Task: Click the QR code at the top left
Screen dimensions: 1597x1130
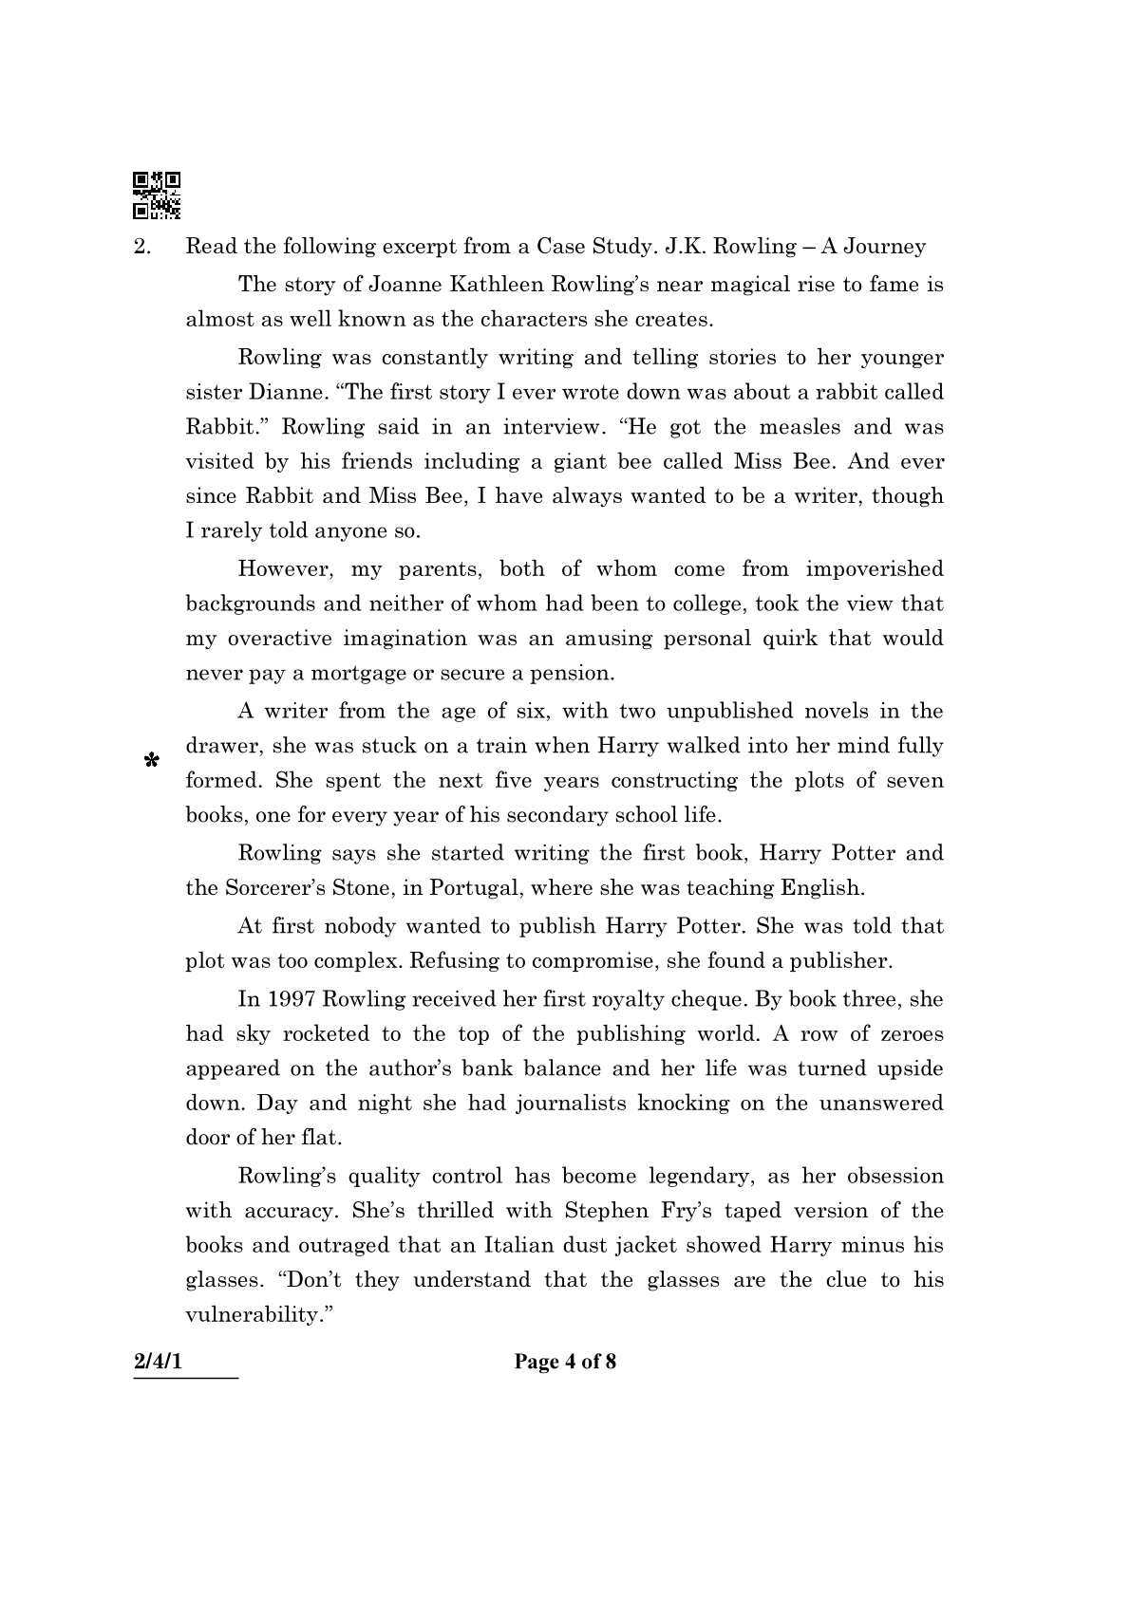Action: click(x=157, y=195)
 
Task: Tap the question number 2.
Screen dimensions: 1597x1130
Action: click(x=141, y=247)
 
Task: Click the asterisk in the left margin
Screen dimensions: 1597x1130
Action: click(x=150, y=760)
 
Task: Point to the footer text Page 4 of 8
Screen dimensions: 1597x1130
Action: click(x=565, y=1362)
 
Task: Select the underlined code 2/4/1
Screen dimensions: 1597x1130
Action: click(x=158, y=1362)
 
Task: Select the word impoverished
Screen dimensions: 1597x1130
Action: click(x=875, y=569)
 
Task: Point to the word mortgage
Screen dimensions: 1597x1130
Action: click(x=354, y=674)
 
